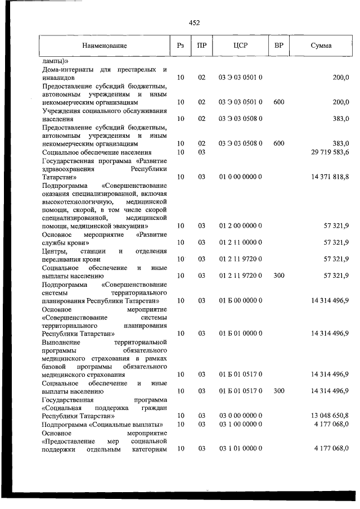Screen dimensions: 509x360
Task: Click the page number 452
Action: tap(194, 23)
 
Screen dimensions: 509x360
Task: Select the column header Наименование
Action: tap(104, 45)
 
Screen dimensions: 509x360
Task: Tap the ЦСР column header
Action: tap(241, 45)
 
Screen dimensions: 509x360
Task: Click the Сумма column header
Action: tap(321, 45)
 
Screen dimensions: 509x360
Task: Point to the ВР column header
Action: tap(278, 45)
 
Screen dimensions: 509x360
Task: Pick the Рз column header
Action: tap(181, 45)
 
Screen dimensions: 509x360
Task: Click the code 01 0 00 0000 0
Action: tap(241, 177)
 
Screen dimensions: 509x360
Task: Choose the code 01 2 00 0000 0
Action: tap(241, 226)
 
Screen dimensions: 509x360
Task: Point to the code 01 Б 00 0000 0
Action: tap(241, 301)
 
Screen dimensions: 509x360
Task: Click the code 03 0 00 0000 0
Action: tap(241, 415)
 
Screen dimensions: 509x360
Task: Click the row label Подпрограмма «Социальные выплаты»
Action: tap(102, 424)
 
